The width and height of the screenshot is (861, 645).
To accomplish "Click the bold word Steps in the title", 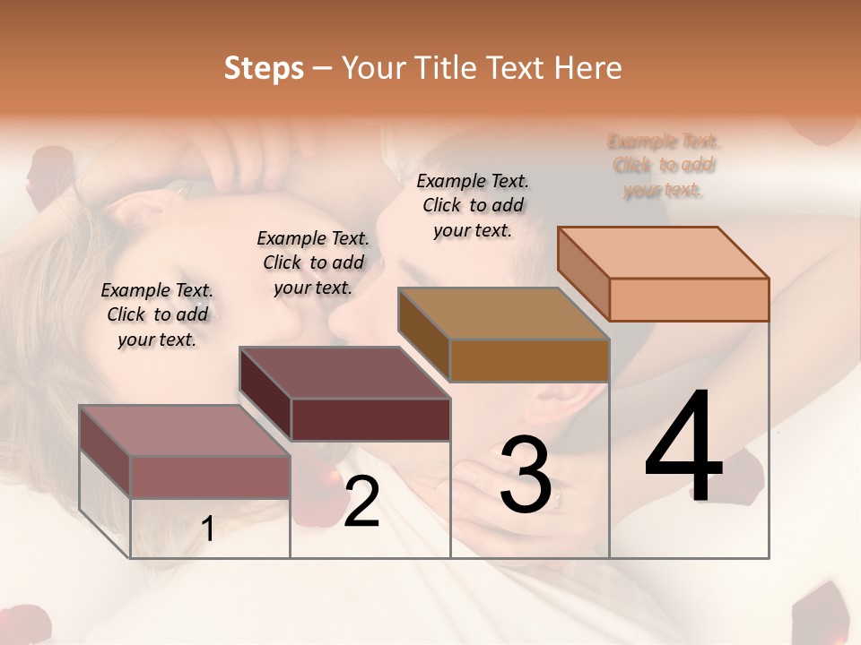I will coord(264,68).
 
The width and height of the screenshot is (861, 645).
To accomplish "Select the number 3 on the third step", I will coord(525,476).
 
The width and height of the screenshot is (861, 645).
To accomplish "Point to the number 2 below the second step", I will coord(361,502).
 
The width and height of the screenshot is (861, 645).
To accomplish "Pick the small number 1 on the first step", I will coord(208,529).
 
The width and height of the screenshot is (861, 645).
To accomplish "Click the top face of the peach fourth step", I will coord(663,252).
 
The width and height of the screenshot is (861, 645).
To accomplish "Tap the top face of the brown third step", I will coord(503,313).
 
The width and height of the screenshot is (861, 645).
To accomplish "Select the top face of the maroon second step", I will coord(344,373).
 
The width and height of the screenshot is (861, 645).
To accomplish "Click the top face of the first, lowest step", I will coord(185,431).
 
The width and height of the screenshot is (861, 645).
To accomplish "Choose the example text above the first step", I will coord(157,314).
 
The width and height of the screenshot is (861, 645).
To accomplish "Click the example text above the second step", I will coord(313,262).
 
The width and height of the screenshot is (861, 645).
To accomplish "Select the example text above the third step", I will coord(473,205).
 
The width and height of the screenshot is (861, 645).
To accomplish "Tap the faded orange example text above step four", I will coord(664,165).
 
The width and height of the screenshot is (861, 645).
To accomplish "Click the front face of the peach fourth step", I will coord(689,299).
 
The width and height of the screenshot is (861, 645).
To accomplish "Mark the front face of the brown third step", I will coord(529,360).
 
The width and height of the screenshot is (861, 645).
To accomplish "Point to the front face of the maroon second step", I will coord(370,419).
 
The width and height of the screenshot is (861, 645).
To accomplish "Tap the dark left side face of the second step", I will coord(265,394).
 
